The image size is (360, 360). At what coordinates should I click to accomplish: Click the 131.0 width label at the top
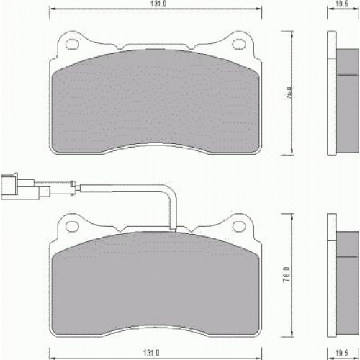tap(158, 4)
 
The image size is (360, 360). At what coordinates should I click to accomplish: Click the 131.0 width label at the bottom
tap(151, 353)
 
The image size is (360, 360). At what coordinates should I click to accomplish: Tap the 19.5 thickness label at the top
tap(342, 4)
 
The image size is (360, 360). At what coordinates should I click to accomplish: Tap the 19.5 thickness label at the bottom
tap(342, 353)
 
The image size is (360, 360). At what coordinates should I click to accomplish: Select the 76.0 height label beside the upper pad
tap(290, 94)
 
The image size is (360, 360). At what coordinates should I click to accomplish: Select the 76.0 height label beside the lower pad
tap(287, 274)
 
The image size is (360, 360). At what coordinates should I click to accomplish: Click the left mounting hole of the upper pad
tap(72, 44)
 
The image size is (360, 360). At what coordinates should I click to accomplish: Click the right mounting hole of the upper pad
tap(239, 44)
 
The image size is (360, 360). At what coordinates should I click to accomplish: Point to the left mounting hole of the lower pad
tap(72, 226)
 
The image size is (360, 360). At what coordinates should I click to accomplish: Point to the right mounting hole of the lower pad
tap(239, 226)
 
